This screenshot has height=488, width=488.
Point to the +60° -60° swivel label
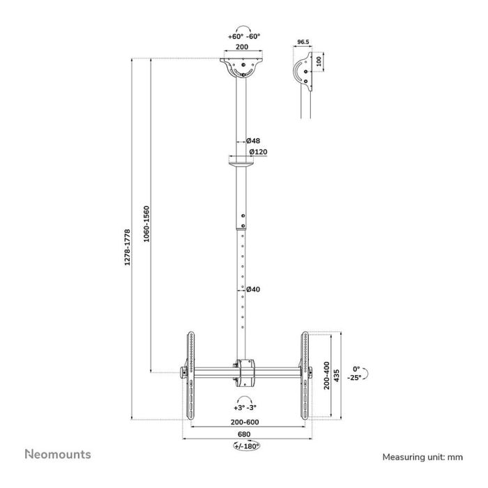point(243,35)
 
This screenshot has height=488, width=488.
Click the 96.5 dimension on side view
point(303,43)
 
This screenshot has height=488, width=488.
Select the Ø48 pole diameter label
point(253,140)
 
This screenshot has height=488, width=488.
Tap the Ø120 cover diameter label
point(257,152)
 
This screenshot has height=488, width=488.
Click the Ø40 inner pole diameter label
point(253,289)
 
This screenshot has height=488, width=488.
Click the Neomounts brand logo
point(58,455)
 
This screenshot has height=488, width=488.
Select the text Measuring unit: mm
point(422,457)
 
